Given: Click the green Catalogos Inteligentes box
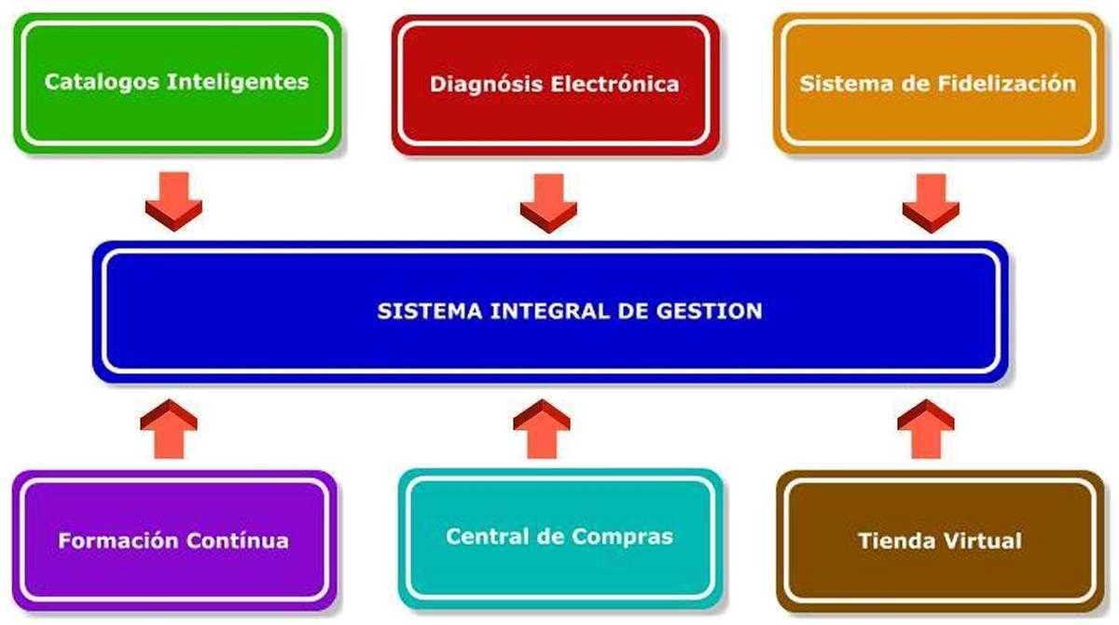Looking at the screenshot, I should (x=176, y=82).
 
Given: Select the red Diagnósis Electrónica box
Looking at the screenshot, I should (x=555, y=84).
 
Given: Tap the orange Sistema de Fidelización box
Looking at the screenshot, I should (x=937, y=83).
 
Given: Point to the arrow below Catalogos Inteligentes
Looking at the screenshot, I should (x=173, y=201).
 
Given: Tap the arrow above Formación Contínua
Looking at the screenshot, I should (x=169, y=429).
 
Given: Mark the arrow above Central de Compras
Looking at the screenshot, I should (x=542, y=429).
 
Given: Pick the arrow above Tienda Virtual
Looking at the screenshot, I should (x=925, y=429).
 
